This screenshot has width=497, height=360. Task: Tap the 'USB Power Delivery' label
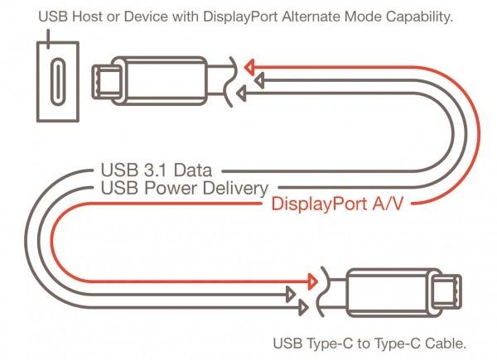[182, 188]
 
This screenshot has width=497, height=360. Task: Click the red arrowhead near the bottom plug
[311, 279]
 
